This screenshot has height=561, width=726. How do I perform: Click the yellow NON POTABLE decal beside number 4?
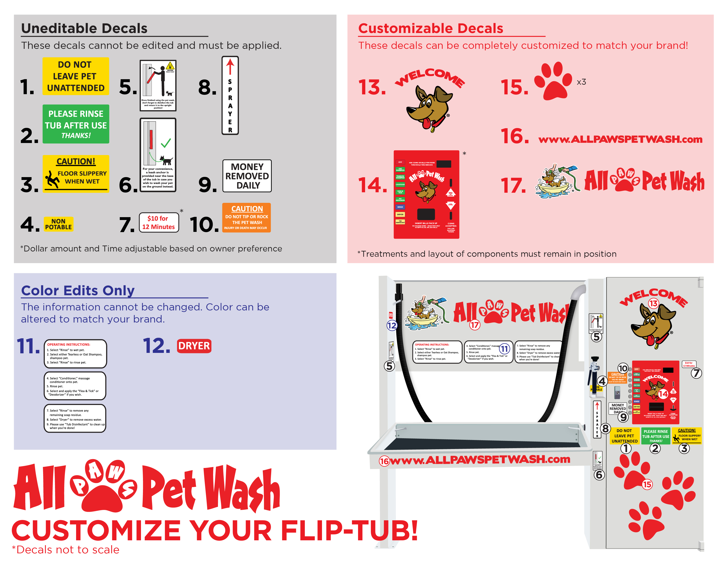(x=59, y=224)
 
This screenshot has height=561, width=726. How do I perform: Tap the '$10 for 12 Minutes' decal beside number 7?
(x=159, y=222)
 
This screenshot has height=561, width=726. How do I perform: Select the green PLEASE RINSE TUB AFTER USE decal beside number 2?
(x=76, y=124)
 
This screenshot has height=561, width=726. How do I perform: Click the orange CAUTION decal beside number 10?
(x=246, y=218)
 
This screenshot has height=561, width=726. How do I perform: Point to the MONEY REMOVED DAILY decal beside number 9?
(x=247, y=176)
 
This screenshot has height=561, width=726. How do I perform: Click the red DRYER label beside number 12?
(x=194, y=346)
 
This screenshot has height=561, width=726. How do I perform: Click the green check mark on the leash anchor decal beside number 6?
(x=166, y=143)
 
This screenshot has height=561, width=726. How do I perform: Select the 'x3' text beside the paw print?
(x=581, y=82)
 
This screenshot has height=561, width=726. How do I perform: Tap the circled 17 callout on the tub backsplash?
(x=474, y=325)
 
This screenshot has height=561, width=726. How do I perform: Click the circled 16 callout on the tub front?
(x=384, y=461)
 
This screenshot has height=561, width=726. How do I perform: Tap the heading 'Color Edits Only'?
(x=78, y=290)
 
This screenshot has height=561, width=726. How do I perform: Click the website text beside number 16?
(x=620, y=139)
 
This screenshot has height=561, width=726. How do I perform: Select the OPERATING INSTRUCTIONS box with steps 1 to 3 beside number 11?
(x=75, y=354)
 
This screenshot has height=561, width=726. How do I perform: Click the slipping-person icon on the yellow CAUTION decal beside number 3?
(x=51, y=179)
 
